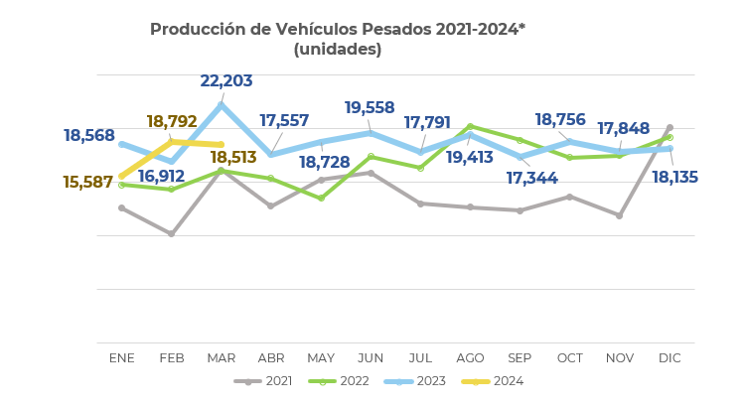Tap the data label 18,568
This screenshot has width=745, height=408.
[89, 136]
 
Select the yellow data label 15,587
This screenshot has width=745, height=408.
[87, 183]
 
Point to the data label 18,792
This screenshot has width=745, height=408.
[172, 122]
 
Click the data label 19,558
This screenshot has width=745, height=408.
[370, 108]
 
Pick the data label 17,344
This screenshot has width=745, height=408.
[531, 179]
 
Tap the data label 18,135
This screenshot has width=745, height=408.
[674, 178]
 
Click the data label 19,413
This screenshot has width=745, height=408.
[469, 158]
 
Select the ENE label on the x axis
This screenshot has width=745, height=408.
[121, 358]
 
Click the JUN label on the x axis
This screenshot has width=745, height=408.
[371, 358]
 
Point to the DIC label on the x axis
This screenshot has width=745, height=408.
[670, 358]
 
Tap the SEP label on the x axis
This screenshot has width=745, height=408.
[520, 358]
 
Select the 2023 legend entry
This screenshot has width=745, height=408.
[416, 381]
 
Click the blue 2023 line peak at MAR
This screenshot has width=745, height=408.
[221, 104]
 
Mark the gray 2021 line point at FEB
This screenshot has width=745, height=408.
[171, 234]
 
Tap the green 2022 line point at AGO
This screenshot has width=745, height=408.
[470, 126]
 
